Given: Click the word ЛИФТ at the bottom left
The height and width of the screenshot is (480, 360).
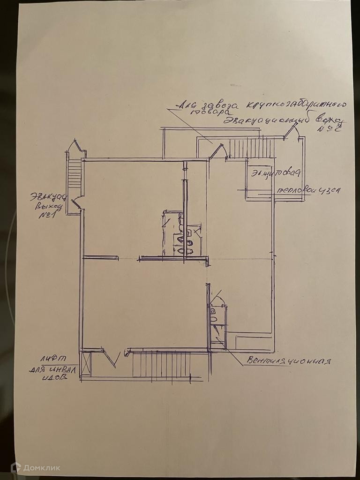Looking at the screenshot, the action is pos(52,359).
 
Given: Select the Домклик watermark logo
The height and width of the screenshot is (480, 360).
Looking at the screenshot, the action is pos(36,467).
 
